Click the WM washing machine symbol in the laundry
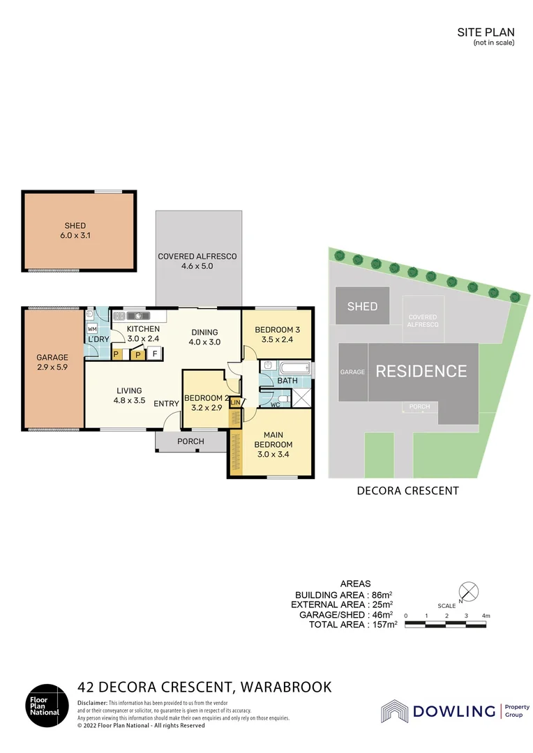(x=91, y=328)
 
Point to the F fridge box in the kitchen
(x=154, y=354)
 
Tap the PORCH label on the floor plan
(x=190, y=441)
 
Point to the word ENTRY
(x=166, y=403)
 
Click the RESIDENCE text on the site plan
(x=421, y=371)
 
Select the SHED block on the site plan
(x=362, y=306)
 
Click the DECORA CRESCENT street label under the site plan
(x=407, y=490)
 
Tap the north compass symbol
(x=470, y=591)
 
